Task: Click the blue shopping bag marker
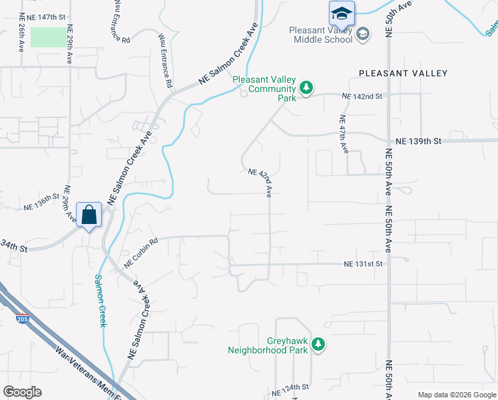[89, 215]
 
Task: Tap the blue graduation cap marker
[342, 13]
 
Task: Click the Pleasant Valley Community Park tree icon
[306, 88]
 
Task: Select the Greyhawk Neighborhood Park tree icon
[320, 344]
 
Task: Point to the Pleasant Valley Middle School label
[321, 35]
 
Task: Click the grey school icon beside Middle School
[363, 35]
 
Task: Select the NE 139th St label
[418, 141]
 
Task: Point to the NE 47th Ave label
[344, 135]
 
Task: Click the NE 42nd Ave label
[261, 182]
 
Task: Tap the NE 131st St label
[364, 264]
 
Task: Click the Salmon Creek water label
[101, 300]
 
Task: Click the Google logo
[22, 392]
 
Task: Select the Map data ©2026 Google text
[456, 394]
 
